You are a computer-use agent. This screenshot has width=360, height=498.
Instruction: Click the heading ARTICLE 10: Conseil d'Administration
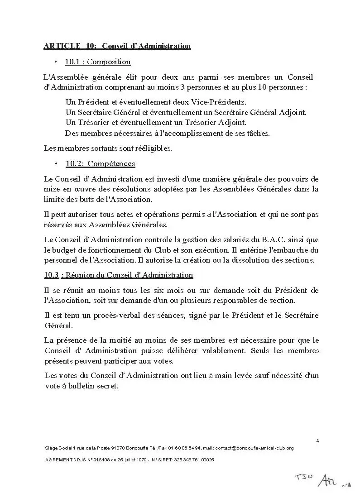coord(117,46)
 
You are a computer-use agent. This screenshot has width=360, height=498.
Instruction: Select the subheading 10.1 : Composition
coord(98,62)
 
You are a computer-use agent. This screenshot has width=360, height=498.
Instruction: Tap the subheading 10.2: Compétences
coord(100,163)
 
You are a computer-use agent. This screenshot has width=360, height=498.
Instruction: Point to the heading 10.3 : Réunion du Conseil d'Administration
coord(118,275)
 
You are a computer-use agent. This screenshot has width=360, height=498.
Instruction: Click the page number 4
coord(317,441)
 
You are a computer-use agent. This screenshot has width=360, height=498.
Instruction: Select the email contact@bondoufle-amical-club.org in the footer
coord(254,448)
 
